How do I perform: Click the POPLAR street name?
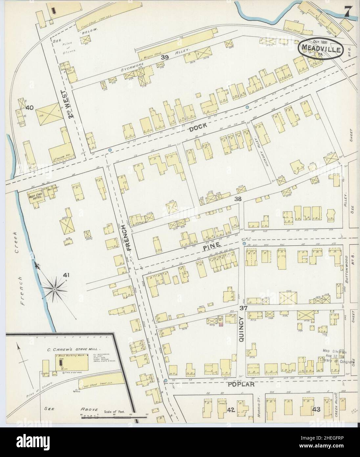pyautogui.click(x=242, y=384)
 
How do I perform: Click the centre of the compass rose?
pyautogui.click(x=54, y=289)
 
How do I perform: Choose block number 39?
pyautogui.click(x=165, y=57)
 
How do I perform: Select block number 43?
pyautogui.click(x=316, y=409)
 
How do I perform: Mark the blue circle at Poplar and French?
pyautogui.click(x=166, y=381)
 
